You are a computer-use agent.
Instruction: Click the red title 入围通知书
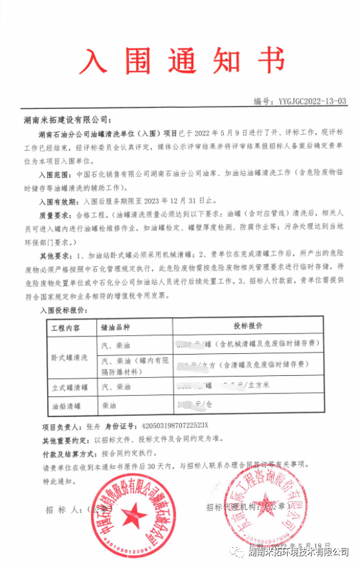click(181, 62)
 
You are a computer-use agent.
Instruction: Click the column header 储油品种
click(121, 328)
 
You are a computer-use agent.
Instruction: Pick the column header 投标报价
click(250, 328)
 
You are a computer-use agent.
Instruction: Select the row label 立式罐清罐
click(67, 387)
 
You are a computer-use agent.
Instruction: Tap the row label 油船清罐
click(67, 407)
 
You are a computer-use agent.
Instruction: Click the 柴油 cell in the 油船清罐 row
click(109, 407)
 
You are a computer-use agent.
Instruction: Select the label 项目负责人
click(60, 427)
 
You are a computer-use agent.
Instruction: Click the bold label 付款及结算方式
click(68, 454)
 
